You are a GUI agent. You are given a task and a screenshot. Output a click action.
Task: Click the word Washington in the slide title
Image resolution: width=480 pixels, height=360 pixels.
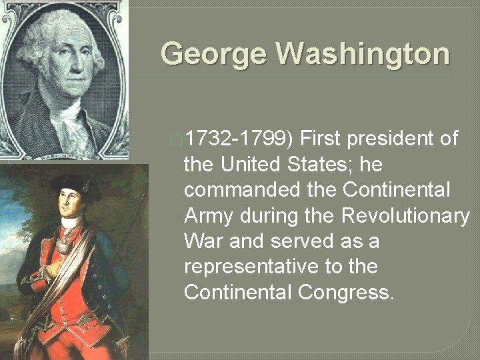pyautogui.click(x=359, y=53)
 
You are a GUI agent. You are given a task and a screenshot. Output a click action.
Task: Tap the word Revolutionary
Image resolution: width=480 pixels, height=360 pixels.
pyautogui.click(x=405, y=215)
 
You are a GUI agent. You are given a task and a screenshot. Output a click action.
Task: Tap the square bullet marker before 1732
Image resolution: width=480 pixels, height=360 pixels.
pyautogui.click(x=175, y=139)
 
